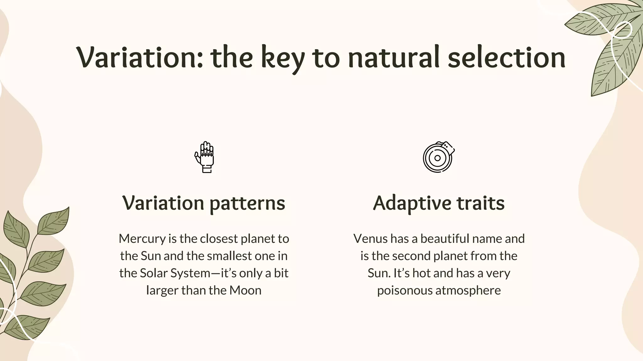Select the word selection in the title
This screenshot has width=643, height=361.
click(x=506, y=58)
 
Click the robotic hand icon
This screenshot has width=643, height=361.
click(x=204, y=157)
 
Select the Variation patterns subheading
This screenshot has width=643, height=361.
click(x=204, y=203)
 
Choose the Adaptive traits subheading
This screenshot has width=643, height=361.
click(x=439, y=203)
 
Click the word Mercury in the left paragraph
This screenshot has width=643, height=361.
click(x=142, y=239)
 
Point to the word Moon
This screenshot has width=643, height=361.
click(x=245, y=290)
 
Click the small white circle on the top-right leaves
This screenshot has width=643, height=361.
click(x=622, y=30)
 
